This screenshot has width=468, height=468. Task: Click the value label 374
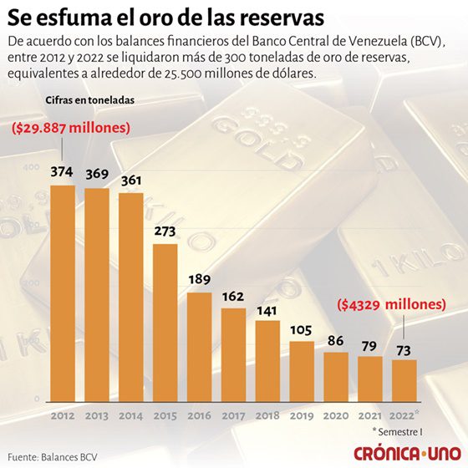pos(63,172)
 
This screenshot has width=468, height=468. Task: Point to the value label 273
pos(165,231)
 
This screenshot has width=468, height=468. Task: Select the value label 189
pos(200,280)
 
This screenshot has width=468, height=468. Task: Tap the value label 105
pos(302,328)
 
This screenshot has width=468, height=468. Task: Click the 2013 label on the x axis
pos(97,415)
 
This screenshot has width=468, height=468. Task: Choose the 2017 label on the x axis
pos(233,415)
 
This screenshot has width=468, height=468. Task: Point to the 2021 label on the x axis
pos(369,415)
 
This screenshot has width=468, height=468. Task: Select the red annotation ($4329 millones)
pos(392,305)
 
